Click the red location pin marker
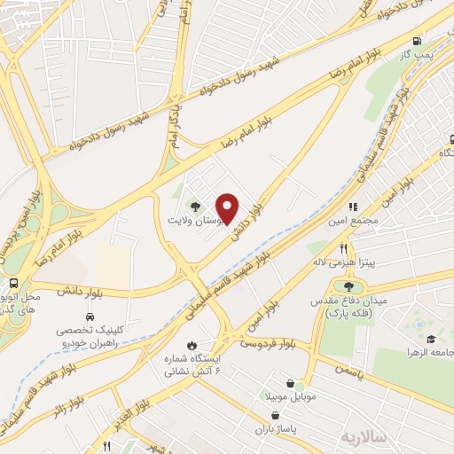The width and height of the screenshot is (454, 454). (227, 208)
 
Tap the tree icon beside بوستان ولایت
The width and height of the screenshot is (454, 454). (197, 207)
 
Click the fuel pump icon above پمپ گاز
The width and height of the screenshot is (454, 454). (416, 41)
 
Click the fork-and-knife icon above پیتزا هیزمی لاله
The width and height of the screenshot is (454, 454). (342, 249)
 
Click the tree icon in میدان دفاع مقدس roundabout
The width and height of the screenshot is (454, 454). (348, 286)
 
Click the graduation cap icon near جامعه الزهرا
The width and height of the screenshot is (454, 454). (431, 340)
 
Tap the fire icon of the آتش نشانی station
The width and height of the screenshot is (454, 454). (192, 344)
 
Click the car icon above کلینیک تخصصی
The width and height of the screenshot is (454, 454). (90, 316)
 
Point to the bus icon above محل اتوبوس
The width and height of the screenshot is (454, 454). (12, 284)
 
